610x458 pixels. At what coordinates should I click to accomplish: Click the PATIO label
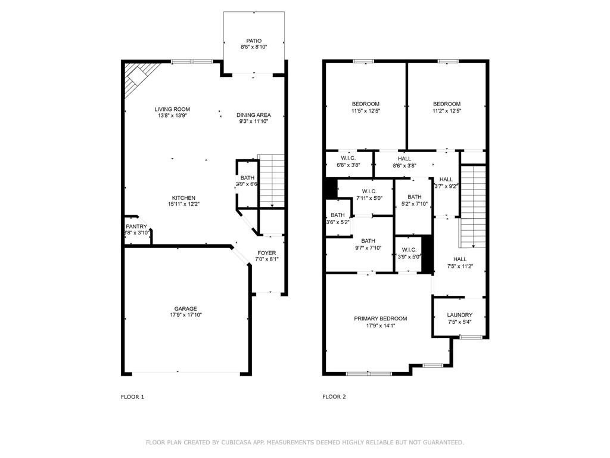point(254,41)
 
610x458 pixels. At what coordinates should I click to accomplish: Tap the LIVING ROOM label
point(172,109)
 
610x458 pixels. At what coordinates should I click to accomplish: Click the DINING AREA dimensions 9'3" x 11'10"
point(254,122)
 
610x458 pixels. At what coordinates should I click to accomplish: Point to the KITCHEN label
point(184,198)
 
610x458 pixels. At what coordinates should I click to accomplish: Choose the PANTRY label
point(136,226)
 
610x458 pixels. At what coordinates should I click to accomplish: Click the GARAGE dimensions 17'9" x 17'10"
point(185,315)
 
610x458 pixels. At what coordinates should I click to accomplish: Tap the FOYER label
point(267,252)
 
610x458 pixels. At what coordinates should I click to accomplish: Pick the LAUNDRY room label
point(460,315)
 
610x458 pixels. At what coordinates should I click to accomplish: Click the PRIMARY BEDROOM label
point(381,318)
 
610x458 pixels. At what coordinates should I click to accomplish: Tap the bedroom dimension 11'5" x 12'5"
point(365,111)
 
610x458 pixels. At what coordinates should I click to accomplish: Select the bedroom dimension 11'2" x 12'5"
point(447,111)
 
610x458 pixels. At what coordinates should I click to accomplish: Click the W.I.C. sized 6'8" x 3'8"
point(349,165)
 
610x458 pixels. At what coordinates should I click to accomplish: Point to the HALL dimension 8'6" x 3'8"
point(404,166)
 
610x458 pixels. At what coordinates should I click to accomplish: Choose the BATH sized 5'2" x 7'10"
point(415,204)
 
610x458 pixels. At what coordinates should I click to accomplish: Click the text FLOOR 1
point(133,397)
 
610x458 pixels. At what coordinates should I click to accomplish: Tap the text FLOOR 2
point(334,397)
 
